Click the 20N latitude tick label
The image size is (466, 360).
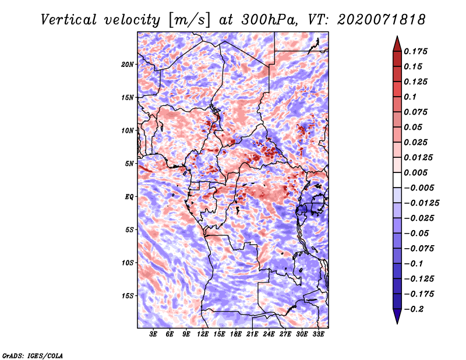click(x=128, y=64)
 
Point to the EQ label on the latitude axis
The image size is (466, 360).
click(x=129, y=197)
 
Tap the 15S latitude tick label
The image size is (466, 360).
click(x=128, y=296)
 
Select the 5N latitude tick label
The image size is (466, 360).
click(x=129, y=164)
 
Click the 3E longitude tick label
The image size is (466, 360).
click(x=153, y=334)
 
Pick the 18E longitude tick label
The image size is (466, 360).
click(x=236, y=334)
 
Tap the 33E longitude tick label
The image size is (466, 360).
click(x=318, y=334)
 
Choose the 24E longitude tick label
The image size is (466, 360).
click(x=269, y=334)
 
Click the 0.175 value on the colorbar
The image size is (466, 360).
click(x=415, y=51)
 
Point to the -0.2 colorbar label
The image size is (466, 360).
click(x=414, y=309)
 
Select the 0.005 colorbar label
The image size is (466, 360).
click(x=415, y=172)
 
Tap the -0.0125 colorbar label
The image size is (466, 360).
click(x=421, y=203)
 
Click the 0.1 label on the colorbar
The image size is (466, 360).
click(x=410, y=97)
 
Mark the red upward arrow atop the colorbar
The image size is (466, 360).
click(x=397, y=44)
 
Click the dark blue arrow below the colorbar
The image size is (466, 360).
click(x=397, y=316)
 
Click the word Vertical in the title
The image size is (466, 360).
click(x=69, y=20)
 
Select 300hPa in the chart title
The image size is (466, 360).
click(x=269, y=20)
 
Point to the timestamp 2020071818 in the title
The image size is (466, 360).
click(x=382, y=20)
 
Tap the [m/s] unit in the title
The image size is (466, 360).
click(x=189, y=20)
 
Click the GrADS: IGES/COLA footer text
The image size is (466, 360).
click(x=33, y=355)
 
